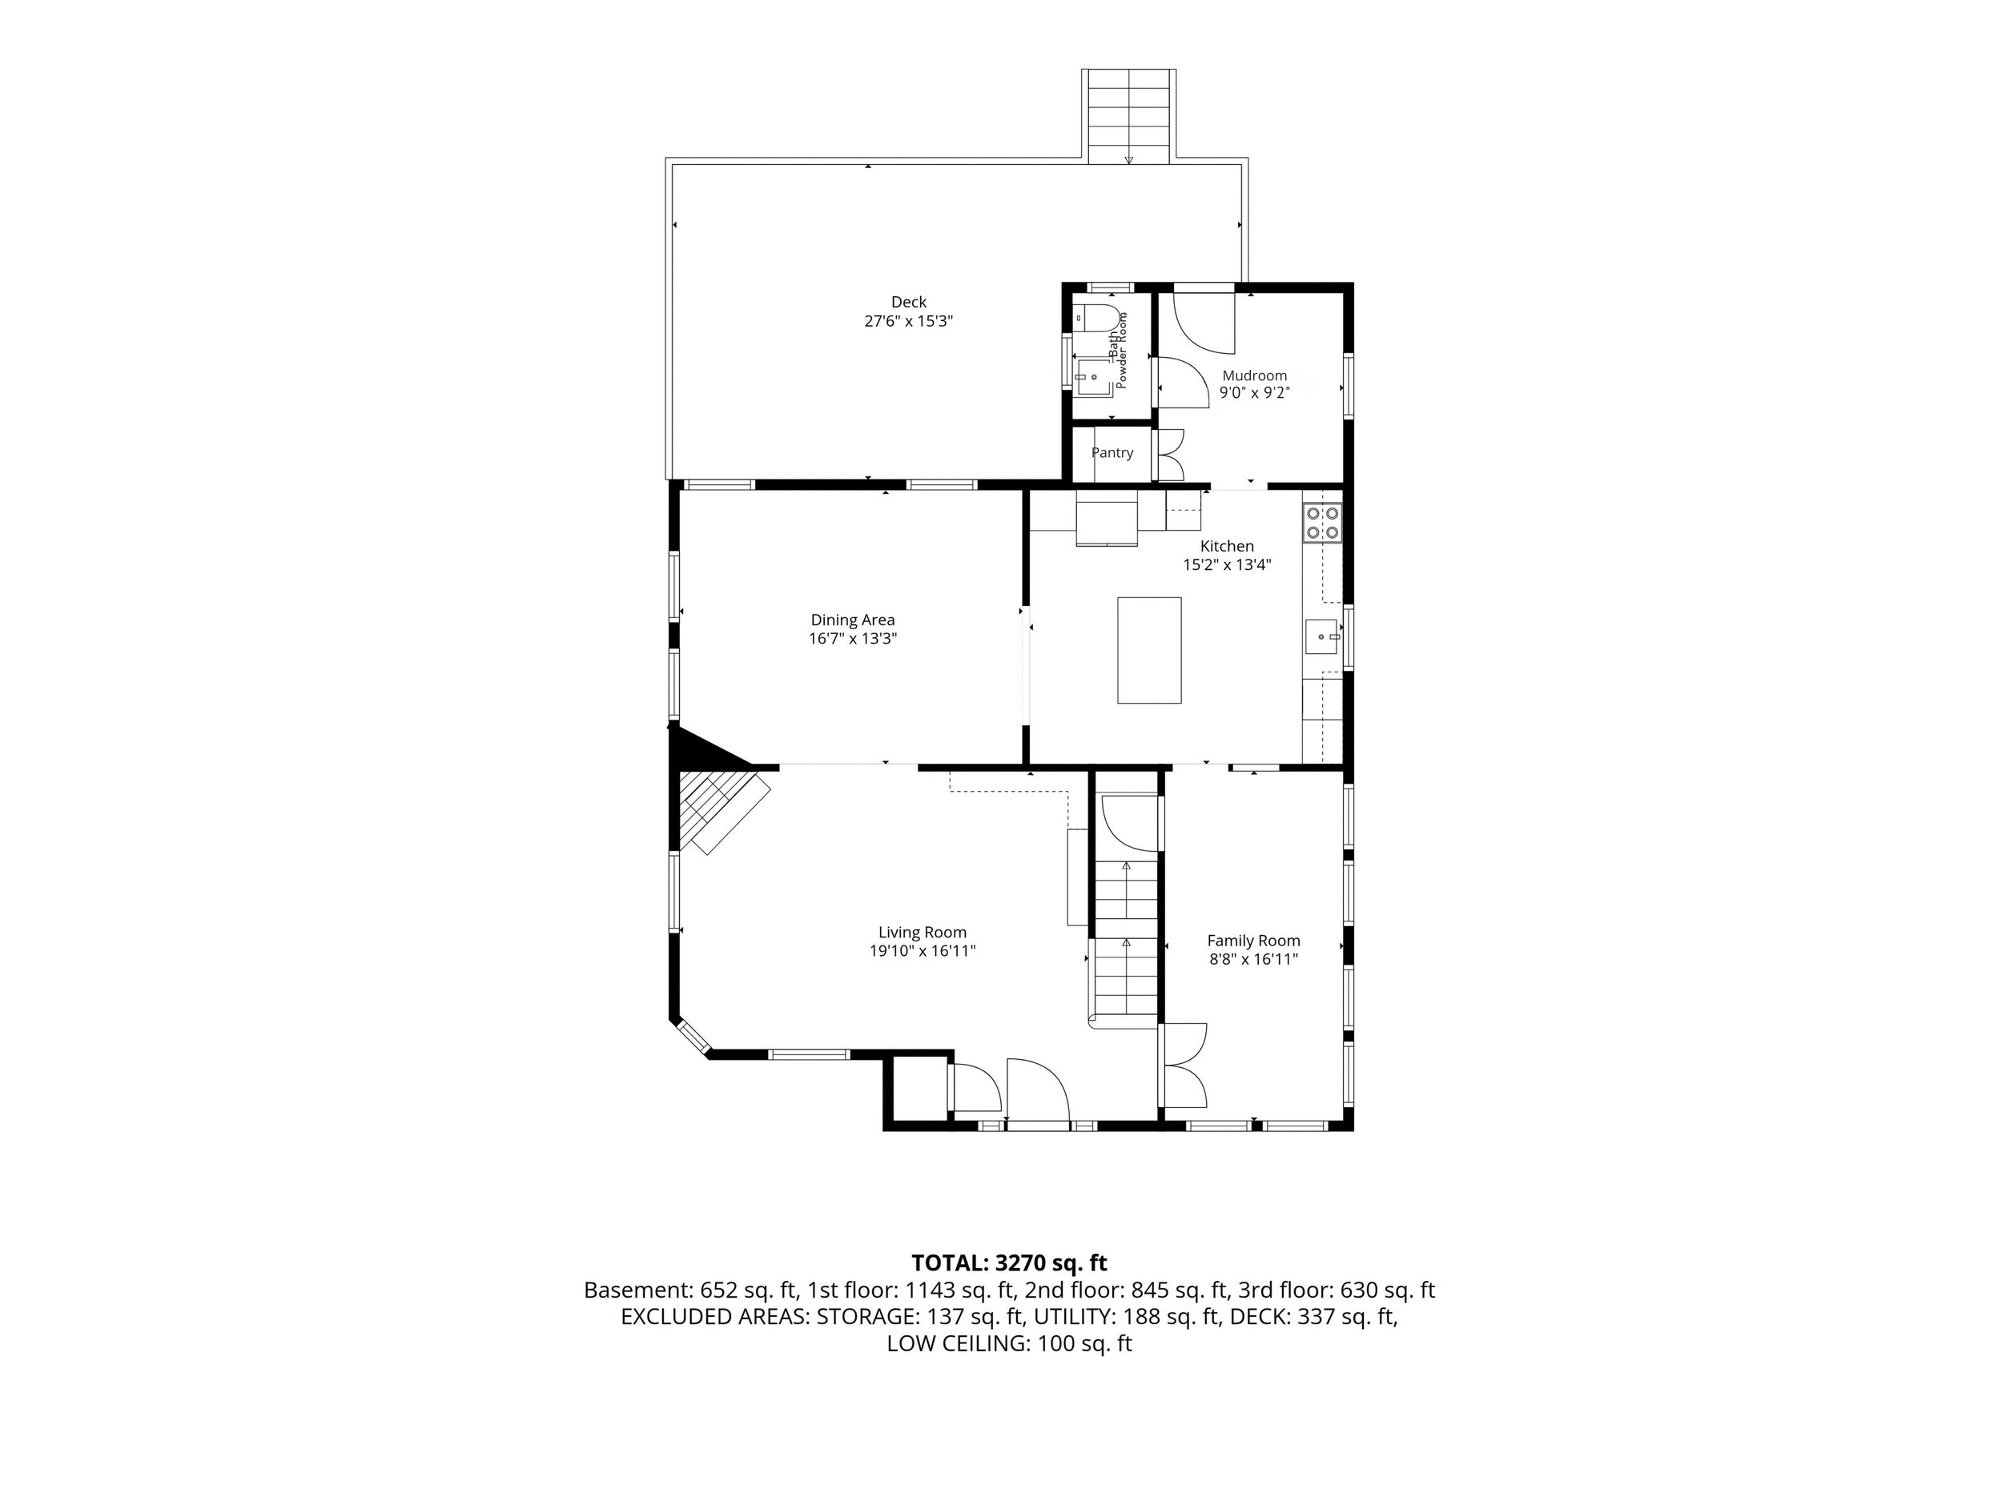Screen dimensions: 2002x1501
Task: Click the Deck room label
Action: [x=909, y=302]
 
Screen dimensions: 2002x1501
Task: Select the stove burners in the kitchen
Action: [x=1322, y=523]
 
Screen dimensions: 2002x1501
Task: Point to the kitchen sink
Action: [x=1324, y=637]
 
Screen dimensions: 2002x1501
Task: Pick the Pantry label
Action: [x=1112, y=452]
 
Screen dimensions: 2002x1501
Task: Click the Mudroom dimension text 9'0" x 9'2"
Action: [x=1254, y=393]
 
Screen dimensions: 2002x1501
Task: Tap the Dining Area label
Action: [x=853, y=620]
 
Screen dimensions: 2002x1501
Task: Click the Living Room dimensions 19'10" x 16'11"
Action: [x=923, y=951]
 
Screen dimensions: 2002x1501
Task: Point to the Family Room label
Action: [x=1253, y=941]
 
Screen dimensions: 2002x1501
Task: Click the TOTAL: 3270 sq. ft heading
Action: [x=1009, y=1263]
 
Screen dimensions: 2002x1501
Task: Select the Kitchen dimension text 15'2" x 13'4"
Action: [x=1228, y=564]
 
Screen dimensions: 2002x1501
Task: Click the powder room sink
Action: [x=1093, y=376]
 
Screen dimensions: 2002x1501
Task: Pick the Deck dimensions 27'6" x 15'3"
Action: [x=909, y=321]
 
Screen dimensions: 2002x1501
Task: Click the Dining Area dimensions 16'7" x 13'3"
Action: [x=853, y=639]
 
